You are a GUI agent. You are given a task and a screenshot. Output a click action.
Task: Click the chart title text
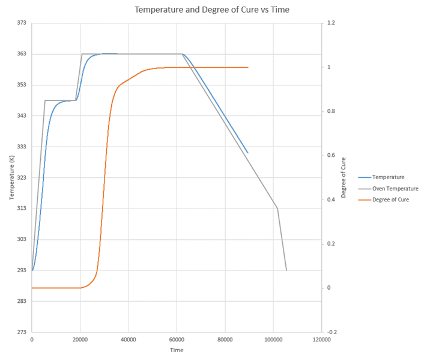coord(212,10)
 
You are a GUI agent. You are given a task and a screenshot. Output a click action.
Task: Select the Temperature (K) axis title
coord(11,177)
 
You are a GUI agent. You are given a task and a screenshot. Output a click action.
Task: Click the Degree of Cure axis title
coord(344,177)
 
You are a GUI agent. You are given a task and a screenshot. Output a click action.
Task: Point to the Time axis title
coord(177,350)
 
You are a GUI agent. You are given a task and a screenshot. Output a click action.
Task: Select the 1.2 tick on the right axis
coord(331,23)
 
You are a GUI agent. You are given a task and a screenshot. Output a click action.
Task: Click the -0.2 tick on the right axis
coord(332,332)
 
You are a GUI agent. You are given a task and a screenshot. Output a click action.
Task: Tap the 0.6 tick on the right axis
coord(331,155)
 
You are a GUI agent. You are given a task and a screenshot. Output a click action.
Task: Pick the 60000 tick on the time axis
coord(177,340)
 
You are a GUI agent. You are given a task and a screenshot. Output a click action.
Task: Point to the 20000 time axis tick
coord(80,340)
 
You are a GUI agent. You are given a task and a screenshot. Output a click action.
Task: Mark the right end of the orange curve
coord(248,67)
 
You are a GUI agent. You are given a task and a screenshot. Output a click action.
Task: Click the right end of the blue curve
coord(247,153)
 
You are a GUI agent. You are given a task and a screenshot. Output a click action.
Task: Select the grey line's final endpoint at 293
coord(286,270)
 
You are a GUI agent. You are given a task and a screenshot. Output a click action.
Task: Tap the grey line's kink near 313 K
coord(277,209)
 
